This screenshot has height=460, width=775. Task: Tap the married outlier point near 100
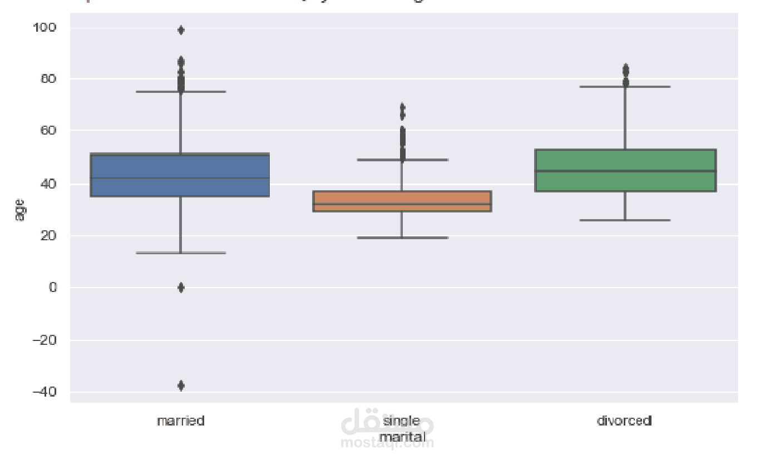[181, 30]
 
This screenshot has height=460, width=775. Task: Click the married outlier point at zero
[181, 287]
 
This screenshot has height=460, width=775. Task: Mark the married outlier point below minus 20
[181, 385]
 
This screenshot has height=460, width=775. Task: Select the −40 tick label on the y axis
[44, 392]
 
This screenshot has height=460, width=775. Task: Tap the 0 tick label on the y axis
[52, 288]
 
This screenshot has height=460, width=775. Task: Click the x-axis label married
[180, 421]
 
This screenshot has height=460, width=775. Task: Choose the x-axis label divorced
[624, 421]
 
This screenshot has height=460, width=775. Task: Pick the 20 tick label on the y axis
[48, 236]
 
